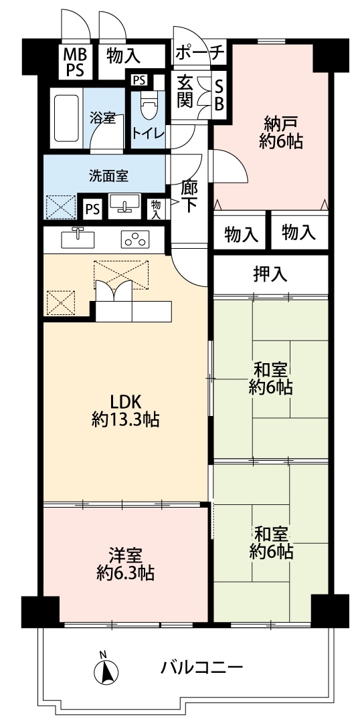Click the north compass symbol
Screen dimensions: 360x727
(106, 667)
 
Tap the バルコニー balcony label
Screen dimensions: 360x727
(202, 667)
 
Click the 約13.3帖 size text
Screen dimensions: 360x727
(125, 420)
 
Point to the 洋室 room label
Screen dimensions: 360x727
(125, 554)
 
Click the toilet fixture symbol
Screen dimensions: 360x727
(149, 104)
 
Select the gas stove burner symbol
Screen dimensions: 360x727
(135, 239)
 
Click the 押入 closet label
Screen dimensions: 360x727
(270, 275)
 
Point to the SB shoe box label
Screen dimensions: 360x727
(219, 96)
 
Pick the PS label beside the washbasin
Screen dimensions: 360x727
(93, 209)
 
